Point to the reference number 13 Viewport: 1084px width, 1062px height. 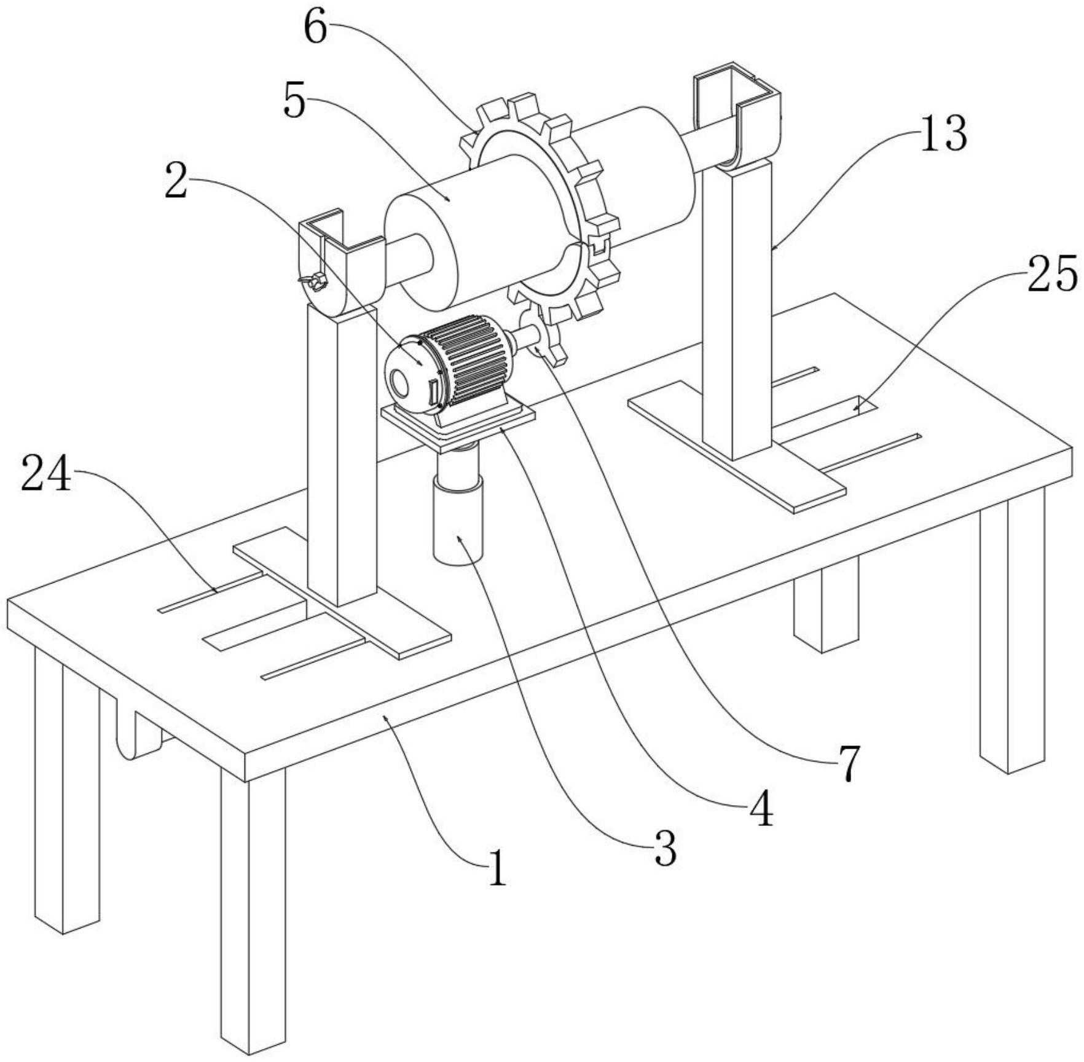click(x=943, y=133)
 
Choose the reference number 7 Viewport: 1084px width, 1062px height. click(x=849, y=763)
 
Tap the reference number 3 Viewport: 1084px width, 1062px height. click(x=665, y=848)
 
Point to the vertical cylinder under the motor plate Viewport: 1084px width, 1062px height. click(x=458, y=504)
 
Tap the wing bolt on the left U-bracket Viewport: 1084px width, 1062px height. click(x=313, y=281)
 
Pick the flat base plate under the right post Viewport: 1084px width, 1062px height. click(x=737, y=446)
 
